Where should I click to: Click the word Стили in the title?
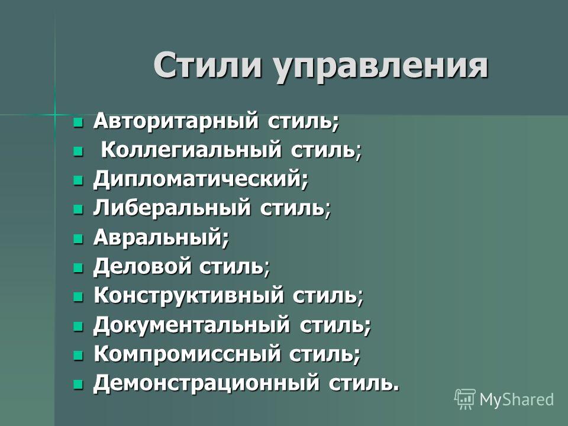click(x=208, y=66)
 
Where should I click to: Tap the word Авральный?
click(x=157, y=237)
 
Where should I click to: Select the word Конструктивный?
click(x=188, y=295)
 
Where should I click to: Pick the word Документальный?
click(x=192, y=325)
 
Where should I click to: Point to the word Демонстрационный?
click(x=206, y=383)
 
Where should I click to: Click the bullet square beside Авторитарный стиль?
click(x=78, y=122)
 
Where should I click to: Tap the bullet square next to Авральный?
click(x=78, y=238)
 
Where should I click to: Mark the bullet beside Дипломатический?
click(x=78, y=180)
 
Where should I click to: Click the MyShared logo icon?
click(x=465, y=399)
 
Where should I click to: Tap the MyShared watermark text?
click(x=517, y=399)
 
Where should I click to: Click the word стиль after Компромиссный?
click(x=321, y=354)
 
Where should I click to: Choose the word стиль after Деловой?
click(x=231, y=267)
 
